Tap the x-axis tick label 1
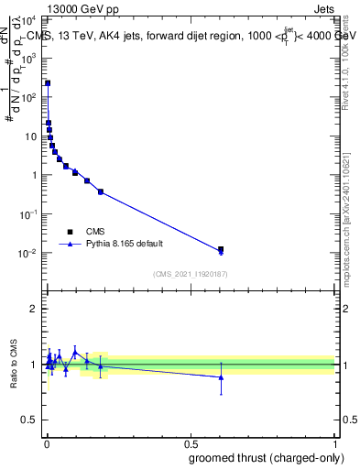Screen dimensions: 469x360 click(x=334, y=442)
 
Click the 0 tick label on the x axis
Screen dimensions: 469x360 click(x=46, y=442)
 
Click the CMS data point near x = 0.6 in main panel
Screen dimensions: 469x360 click(x=220, y=249)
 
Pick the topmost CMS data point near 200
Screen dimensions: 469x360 click(x=48, y=83)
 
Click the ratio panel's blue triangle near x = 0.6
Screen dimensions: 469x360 click(x=220, y=377)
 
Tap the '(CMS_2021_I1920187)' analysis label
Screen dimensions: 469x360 click(x=190, y=274)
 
